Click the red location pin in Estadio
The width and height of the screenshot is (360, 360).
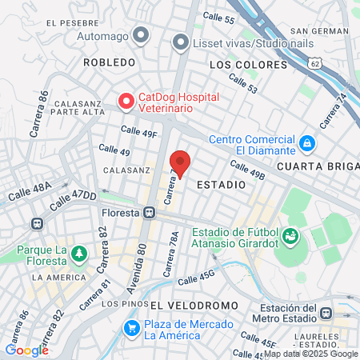pyautogui.click(x=180, y=162)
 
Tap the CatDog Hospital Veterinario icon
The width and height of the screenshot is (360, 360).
pyautogui.click(x=126, y=101)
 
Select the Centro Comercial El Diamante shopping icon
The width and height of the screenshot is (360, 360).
pyautogui.click(x=306, y=142)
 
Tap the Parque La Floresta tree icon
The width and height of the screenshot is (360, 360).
pyautogui.click(x=78, y=254)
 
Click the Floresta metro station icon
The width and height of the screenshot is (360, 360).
pyautogui.click(x=149, y=213)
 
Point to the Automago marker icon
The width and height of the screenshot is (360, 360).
pyautogui.click(x=141, y=34)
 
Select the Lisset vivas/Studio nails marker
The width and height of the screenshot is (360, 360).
pyautogui.click(x=180, y=41)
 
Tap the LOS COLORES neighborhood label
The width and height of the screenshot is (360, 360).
pyautogui.click(x=248, y=64)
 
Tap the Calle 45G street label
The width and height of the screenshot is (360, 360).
pyautogui.click(x=197, y=278)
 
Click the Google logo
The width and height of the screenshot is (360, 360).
pyautogui.click(x=26, y=350)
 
